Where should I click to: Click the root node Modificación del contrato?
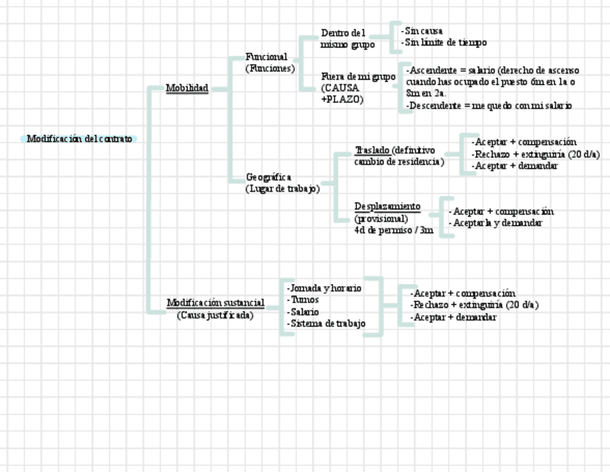click(x=79, y=139)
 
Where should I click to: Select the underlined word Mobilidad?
click(x=187, y=88)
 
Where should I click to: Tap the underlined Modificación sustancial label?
click(x=216, y=303)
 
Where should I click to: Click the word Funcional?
click(x=266, y=57)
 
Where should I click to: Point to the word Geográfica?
click(x=268, y=177)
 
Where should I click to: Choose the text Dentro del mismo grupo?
click(x=347, y=39)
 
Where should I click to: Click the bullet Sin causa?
click(x=422, y=31)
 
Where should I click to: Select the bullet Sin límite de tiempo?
click(x=445, y=42)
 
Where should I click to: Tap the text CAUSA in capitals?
click(x=340, y=88)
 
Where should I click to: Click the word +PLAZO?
click(x=342, y=99)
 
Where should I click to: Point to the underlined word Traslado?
click(x=373, y=150)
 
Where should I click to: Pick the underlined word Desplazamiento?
click(x=387, y=206)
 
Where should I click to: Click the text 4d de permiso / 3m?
click(x=393, y=230)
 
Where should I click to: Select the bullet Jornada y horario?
click(x=324, y=288)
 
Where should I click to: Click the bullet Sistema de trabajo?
click(x=327, y=324)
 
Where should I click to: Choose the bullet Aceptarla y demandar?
click(x=496, y=223)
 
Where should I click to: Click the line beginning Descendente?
click(x=489, y=106)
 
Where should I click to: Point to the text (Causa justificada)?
click(x=215, y=315)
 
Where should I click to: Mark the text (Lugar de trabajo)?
click(x=282, y=189)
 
